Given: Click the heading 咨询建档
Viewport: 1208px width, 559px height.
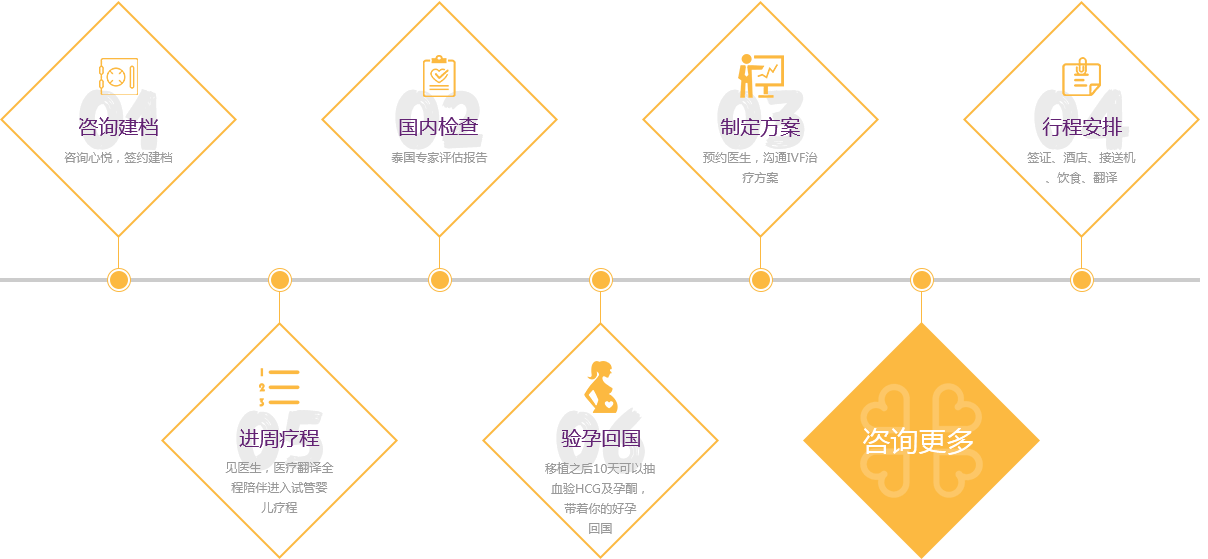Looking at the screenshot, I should click(x=118, y=127).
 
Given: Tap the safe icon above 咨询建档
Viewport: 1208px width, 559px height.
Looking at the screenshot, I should click(x=118, y=76).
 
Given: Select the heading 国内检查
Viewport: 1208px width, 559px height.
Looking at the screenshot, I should click(x=439, y=127).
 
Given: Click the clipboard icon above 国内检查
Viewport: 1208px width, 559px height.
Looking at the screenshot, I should click(x=439, y=76).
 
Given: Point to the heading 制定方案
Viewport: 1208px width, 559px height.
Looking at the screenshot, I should click(x=760, y=127).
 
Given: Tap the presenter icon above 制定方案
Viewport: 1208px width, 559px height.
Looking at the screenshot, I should click(x=760, y=76).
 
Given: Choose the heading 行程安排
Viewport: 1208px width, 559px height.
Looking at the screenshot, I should click(x=1081, y=127).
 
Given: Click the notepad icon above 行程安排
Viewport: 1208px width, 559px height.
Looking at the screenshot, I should click(x=1081, y=76).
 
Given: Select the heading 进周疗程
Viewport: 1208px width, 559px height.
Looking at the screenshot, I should click(x=279, y=438).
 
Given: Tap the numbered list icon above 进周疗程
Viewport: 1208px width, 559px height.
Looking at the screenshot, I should click(x=279, y=387).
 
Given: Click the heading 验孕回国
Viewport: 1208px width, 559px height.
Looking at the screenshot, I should click(x=600, y=438).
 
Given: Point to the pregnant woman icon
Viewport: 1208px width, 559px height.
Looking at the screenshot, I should click(x=600, y=387).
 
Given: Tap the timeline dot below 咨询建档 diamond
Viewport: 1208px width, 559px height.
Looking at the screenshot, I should click(x=119, y=280).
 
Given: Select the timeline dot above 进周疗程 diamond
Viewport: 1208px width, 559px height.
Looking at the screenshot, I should click(x=280, y=280).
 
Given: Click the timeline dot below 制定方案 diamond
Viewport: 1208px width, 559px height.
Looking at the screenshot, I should click(x=761, y=280).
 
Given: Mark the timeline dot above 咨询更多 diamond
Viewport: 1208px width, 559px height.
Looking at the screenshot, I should click(x=922, y=280).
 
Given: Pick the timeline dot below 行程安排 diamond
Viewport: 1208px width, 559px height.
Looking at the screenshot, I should click(x=1082, y=280).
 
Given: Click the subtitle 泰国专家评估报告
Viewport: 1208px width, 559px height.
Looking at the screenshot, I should click(x=439, y=158).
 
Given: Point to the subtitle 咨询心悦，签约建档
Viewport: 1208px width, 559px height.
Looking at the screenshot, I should click(x=118, y=158).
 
